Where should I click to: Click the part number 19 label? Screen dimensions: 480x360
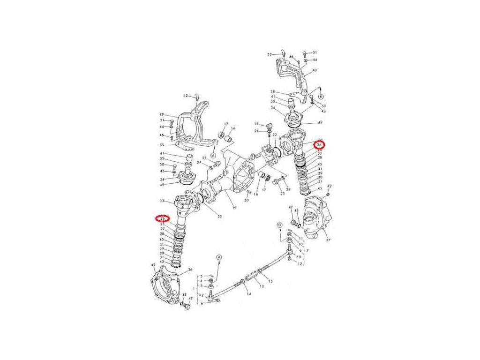pos(233,208)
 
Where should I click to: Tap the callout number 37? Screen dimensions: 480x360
pos(329,240)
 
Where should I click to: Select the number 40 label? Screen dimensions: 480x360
pos(315,70)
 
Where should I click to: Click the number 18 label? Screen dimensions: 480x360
pos(256,124)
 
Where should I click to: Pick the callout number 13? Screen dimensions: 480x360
pos(261,286)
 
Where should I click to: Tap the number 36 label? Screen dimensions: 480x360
pos(190,270)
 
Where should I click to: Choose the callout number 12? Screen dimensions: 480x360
pos(300,264)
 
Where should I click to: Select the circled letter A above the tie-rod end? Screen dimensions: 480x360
pos(218,257)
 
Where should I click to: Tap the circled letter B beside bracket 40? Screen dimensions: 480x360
pos(321,96)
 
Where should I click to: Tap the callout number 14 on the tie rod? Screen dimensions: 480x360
pos(249,294)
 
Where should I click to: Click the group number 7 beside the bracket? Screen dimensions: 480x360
pos(307,251)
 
